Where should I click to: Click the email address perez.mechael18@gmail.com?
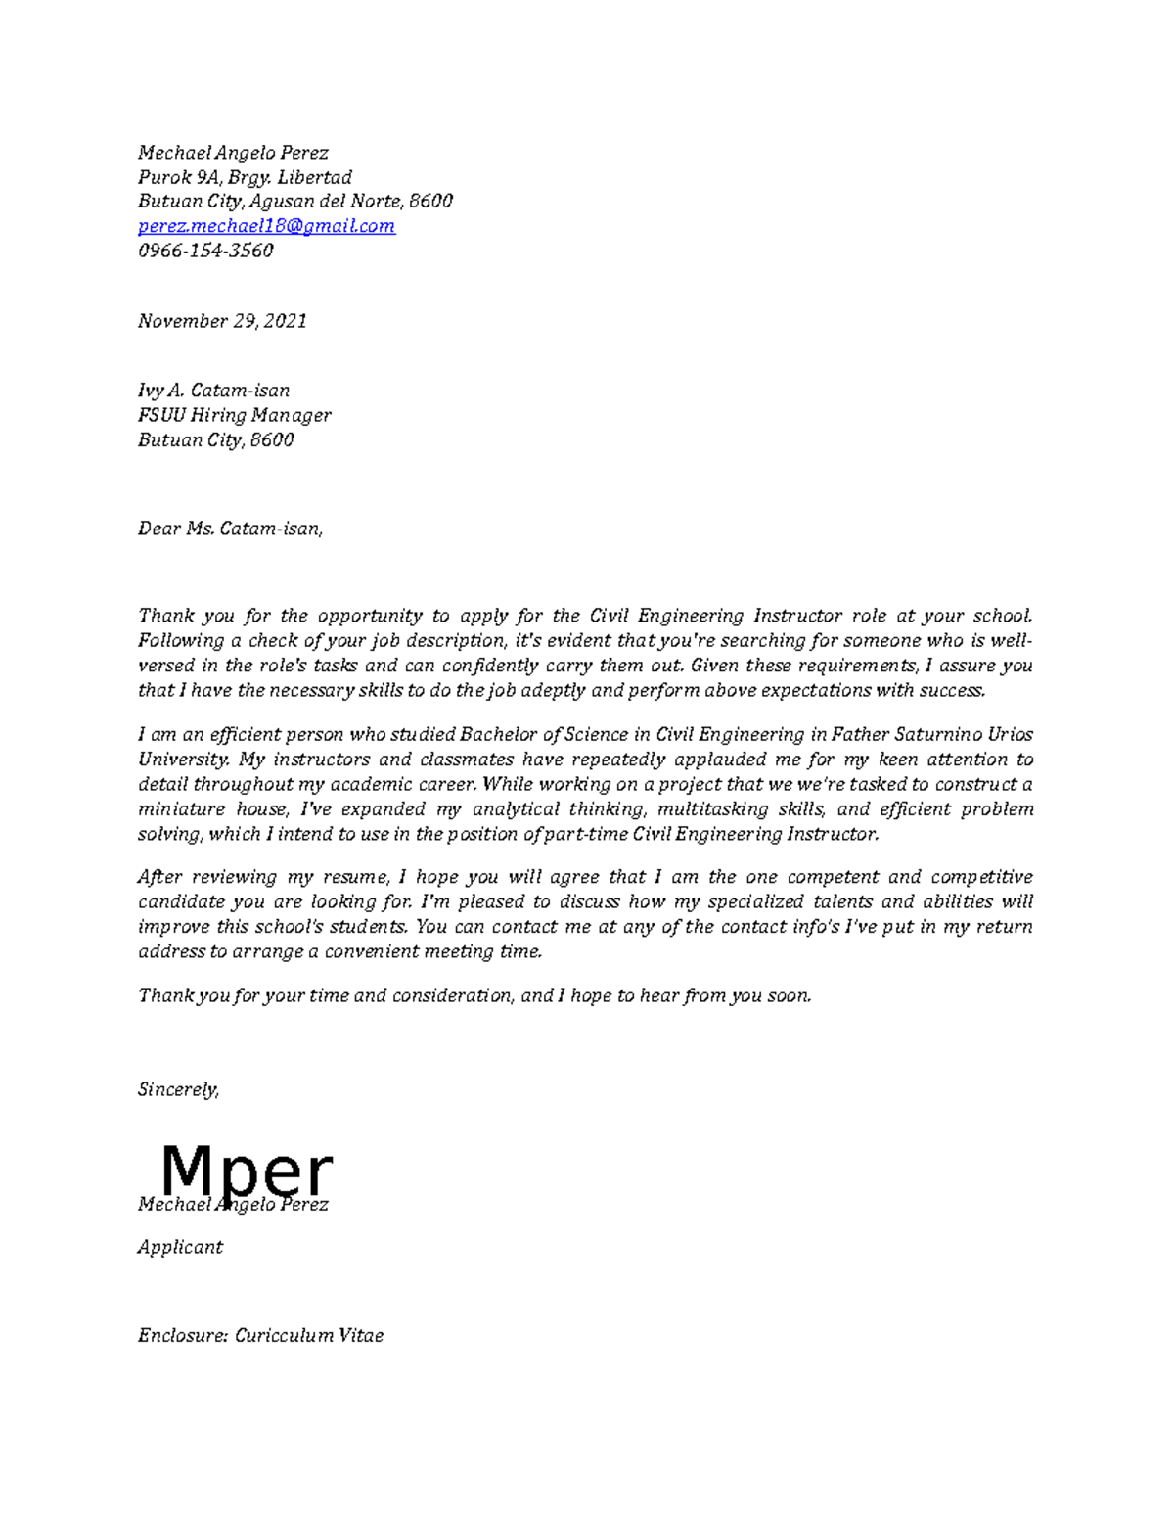266,226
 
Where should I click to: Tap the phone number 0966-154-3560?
205,251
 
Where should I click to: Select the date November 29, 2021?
222,321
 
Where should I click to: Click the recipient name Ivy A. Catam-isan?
213,391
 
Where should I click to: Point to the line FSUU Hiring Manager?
234,415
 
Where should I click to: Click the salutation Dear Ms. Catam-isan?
229,530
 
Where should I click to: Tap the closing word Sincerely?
178,1089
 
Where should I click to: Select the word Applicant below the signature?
180,1247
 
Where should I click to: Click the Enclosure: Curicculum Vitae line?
260,1335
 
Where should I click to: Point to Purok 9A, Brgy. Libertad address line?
245,177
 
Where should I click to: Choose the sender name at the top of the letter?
233,153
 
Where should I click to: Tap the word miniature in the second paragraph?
179,809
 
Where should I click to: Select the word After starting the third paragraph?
158,877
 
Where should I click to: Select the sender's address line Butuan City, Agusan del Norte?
294,202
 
